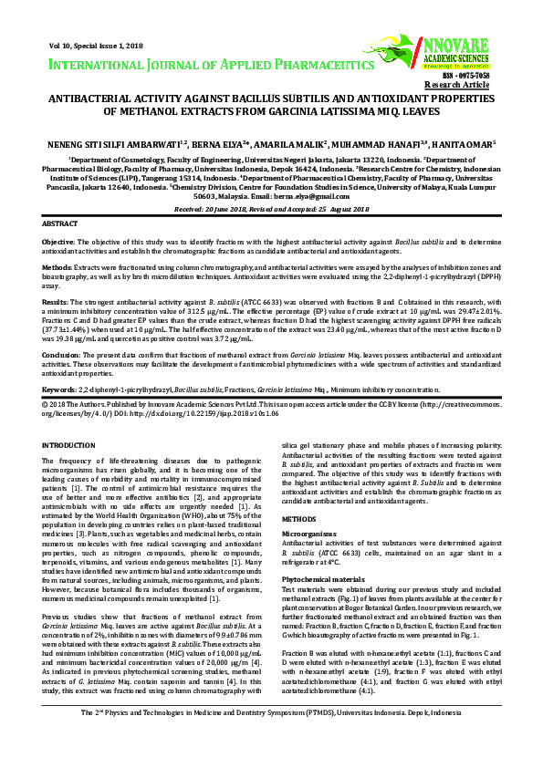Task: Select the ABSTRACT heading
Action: (60, 223)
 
